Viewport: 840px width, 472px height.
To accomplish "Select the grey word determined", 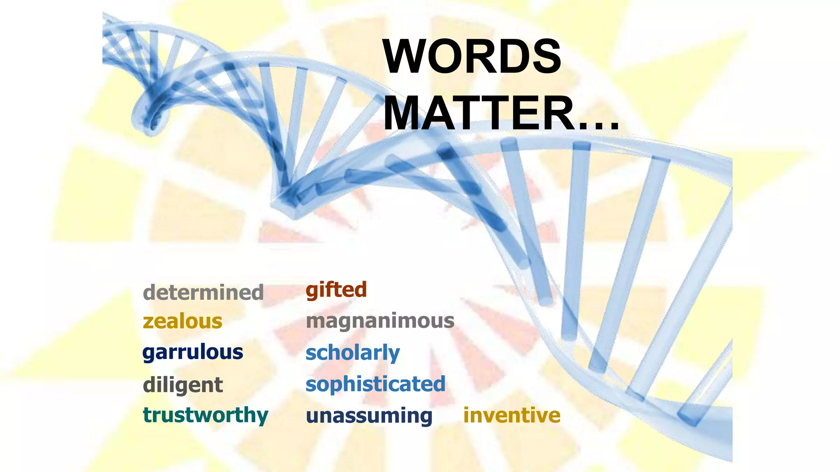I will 203,293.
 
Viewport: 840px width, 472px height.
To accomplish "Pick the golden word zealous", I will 183,321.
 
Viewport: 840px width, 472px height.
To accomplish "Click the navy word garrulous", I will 193,353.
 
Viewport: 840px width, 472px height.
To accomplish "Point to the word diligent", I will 183,385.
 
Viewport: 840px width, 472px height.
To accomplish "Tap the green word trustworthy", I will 205,415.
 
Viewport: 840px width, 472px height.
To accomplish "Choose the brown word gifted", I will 336,290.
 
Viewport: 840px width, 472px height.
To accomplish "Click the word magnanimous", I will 380,321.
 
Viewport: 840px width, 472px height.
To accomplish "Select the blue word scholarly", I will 353,353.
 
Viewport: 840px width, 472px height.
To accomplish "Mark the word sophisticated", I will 375,384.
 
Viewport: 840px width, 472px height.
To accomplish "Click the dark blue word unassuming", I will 369,415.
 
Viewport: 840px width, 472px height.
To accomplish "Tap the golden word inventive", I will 512,415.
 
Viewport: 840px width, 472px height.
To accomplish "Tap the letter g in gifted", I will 313,291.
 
